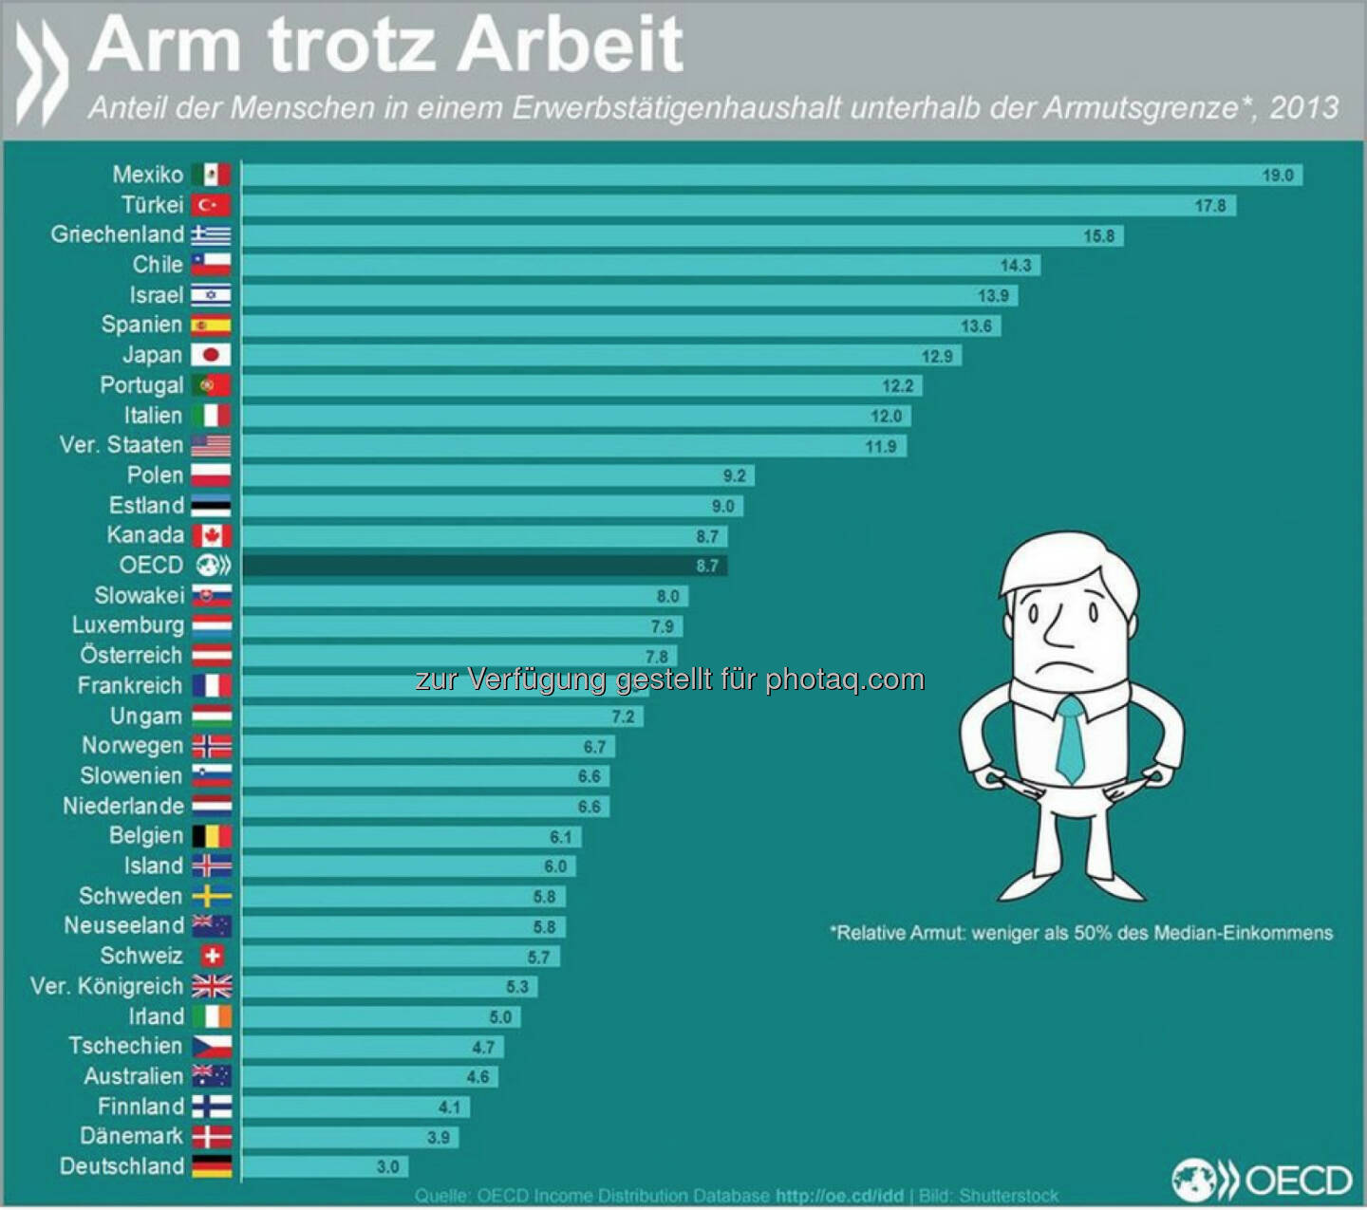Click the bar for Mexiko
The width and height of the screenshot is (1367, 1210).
(771, 175)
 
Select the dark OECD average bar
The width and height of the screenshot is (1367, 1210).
(484, 566)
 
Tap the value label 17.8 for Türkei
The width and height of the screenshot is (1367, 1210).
(1209, 205)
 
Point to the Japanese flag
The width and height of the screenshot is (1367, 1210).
(211, 355)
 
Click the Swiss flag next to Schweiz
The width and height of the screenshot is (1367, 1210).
(212, 956)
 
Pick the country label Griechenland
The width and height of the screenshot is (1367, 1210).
(117, 234)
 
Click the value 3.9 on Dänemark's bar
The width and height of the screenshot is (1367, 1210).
(439, 1137)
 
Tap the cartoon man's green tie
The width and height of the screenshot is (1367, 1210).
(1071, 740)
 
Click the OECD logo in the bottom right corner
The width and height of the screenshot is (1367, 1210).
(1262, 1180)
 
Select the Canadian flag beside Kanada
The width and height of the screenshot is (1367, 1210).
(211, 535)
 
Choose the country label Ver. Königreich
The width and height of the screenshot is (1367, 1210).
(106, 986)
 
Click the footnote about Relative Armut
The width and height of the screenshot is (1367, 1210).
(1081, 933)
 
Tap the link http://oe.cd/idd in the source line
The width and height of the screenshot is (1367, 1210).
(839, 1196)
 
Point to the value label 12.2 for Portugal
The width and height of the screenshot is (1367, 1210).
(897, 385)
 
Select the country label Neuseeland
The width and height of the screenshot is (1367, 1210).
(123, 925)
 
